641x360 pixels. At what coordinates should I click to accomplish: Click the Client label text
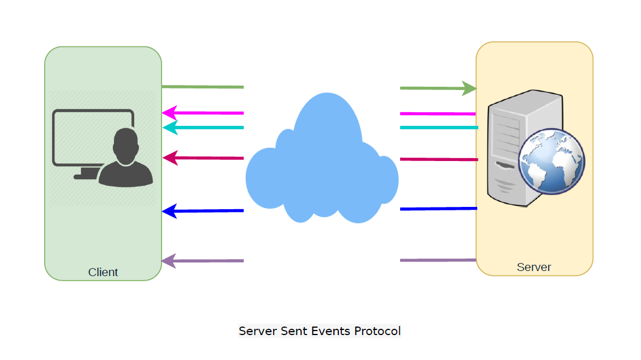click(103, 272)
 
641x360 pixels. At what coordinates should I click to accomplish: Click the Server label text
click(534, 267)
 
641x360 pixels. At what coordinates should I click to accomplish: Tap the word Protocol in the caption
click(377, 331)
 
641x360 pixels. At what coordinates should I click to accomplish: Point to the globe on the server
click(551, 162)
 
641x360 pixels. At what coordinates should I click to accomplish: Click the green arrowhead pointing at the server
click(469, 88)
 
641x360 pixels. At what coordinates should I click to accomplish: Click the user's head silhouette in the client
click(124, 145)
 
